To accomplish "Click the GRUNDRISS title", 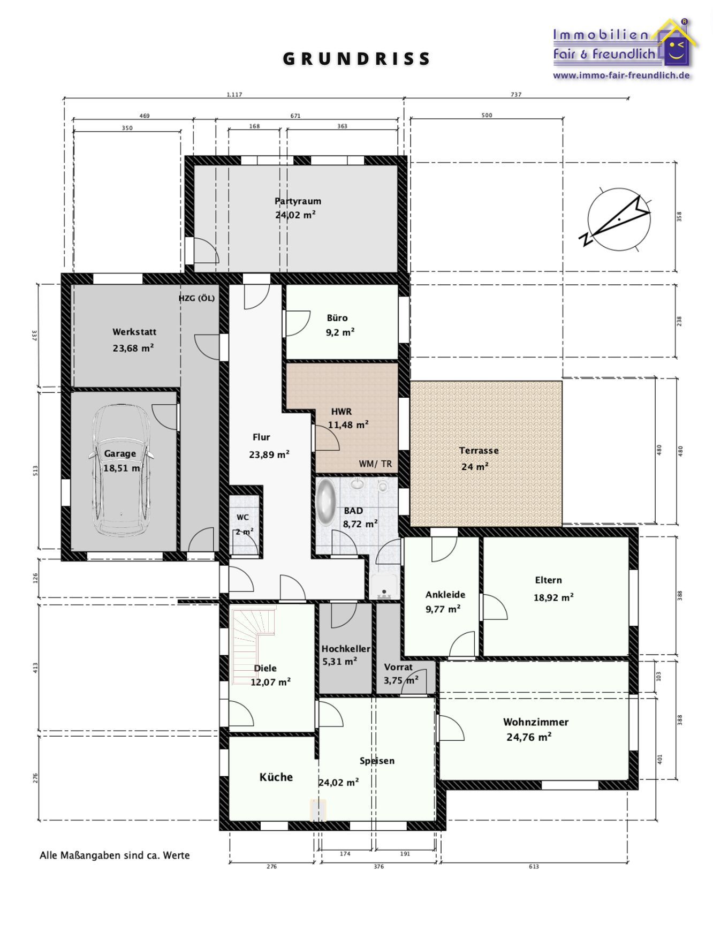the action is tap(356, 59).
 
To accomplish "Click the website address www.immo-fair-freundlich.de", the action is tap(621, 75).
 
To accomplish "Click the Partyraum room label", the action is tap(298, 201).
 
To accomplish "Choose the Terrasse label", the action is tap(479, 451).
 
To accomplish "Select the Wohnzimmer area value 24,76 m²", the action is tap(529, 737).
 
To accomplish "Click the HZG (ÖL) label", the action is tap(196, 298).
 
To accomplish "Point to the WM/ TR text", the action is tap(375, 464).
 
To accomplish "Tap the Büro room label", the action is tap(337, 318).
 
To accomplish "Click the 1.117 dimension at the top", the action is tap(234, 95).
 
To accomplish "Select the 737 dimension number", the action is tap(516, 95).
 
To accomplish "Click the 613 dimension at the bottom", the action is tap(534, 866).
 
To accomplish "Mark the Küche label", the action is tap(276, 777).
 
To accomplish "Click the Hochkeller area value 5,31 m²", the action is tap(339, 662).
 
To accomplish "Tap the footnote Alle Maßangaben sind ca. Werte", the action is tap(115, 855).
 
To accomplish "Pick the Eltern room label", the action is tap(548, 580).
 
